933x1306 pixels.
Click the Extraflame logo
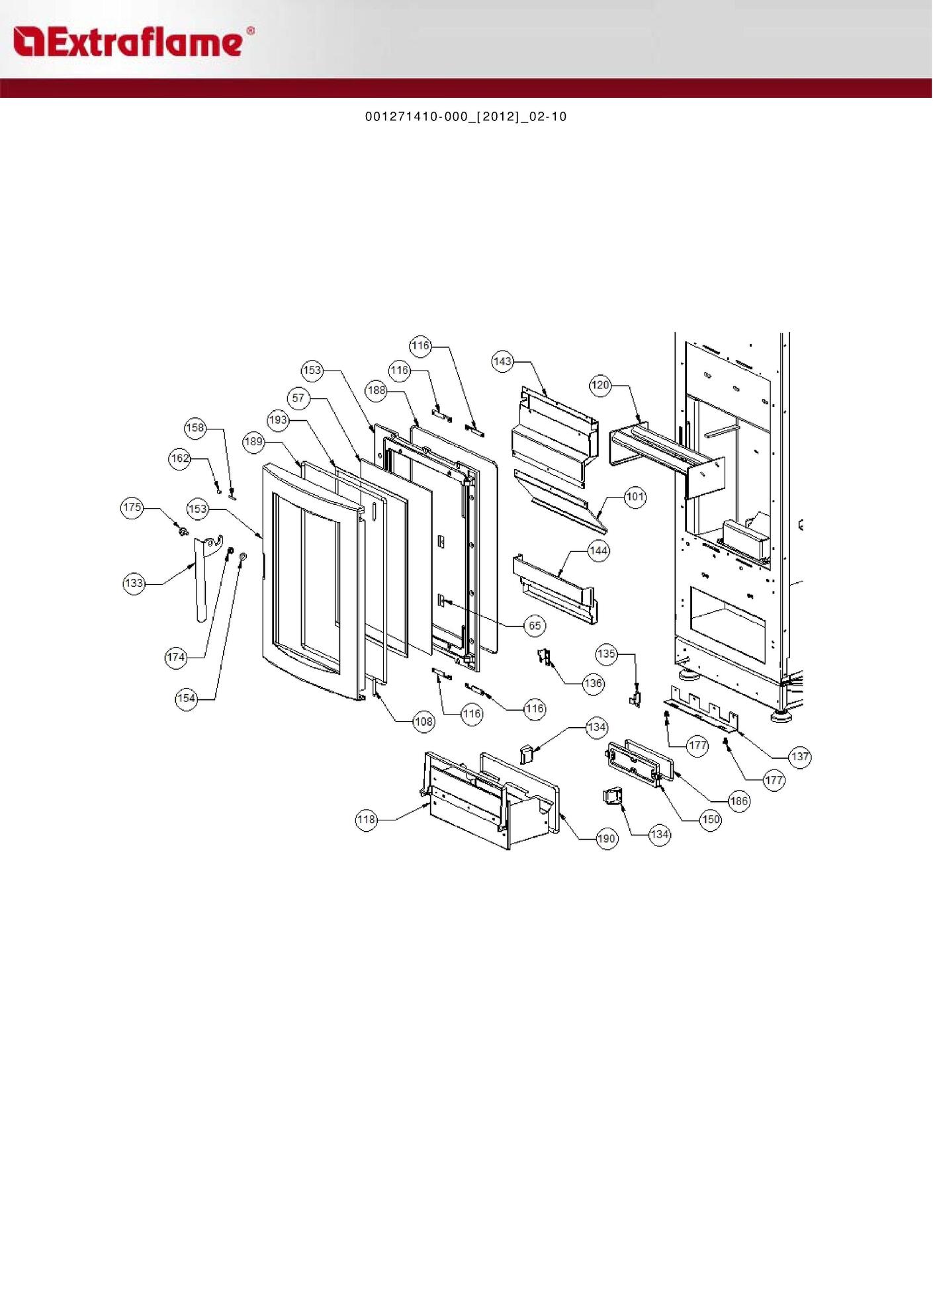tap(132, 42)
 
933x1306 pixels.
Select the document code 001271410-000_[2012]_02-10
tap(466, 117)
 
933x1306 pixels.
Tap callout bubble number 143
tap(503, 361)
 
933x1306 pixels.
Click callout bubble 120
tap(600, 385)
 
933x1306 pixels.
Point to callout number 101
tap(635, 497)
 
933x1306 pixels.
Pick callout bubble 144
tap(599, 550)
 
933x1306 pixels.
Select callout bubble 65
tap(535, 626)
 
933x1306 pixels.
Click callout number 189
tap(254, 442)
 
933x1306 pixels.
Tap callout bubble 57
tap(298, 398)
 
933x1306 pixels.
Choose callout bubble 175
tap(132, 507)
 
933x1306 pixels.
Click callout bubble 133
tap(134, 583)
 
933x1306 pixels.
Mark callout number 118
tap(367, 820)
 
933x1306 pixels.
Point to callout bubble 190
tap(607, 839)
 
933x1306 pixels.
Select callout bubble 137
tap(800, 757)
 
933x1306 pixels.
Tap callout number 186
tap(738, 801)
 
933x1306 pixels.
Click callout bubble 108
tap(423, 722)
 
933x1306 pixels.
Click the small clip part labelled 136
tap(545, 658)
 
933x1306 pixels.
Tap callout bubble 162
tap(180, 458)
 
